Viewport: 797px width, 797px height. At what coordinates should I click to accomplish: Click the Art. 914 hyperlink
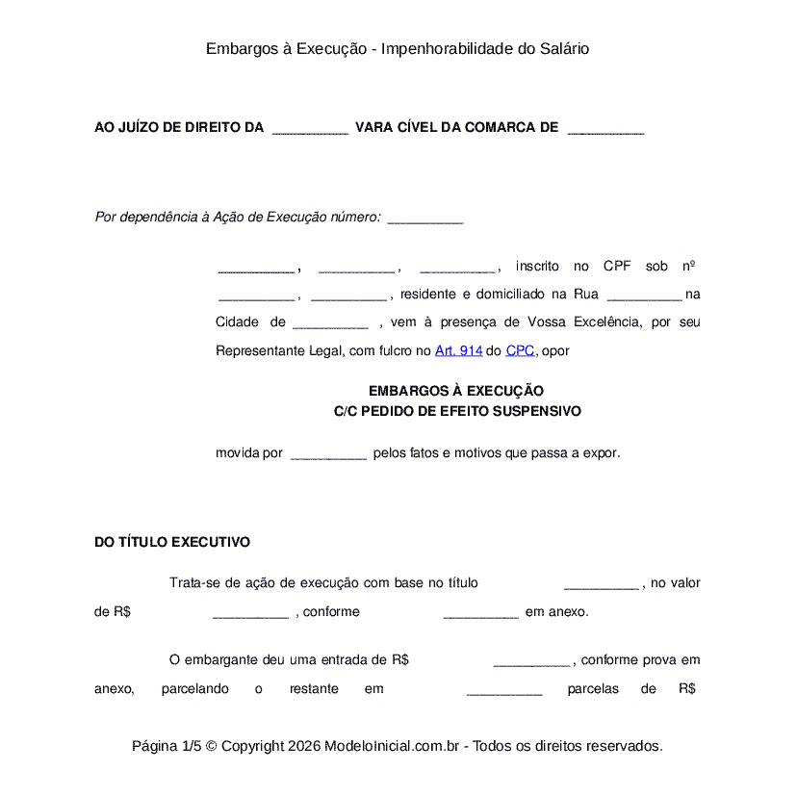(458, 351)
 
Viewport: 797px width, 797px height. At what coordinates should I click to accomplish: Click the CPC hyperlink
(520, 351)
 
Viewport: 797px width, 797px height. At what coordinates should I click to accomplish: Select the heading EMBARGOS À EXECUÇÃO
(456, 391)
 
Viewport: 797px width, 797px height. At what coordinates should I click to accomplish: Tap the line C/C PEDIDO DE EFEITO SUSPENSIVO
(457, 411)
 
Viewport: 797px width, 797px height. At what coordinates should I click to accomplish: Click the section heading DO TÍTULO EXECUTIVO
(172, 543)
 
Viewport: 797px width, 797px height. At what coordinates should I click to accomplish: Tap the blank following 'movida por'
(328, 454)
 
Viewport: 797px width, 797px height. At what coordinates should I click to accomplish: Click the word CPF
(617, 267)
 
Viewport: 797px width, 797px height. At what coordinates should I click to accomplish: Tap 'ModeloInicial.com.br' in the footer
(395, 746)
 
